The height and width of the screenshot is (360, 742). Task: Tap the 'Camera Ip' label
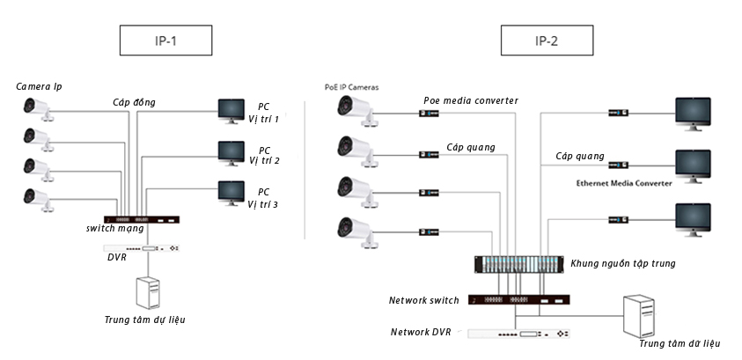(x=39, y=86)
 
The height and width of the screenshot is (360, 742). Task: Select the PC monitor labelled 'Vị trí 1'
(x=231, y=110)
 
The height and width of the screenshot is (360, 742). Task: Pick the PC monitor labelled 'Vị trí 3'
(x=231, y=192)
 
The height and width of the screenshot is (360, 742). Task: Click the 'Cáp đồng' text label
(x=134, y=102)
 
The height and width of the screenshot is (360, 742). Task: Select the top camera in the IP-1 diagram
(x=38, y=108)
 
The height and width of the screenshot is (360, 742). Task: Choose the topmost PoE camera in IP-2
(x=355, y=107)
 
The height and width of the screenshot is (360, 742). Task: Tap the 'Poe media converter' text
(x=470, y=100)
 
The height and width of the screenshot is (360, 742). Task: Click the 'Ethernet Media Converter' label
(x=623, y=183)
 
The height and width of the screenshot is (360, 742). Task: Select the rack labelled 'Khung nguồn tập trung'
(x=517, y=265)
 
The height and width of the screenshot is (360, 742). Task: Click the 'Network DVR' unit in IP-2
(x=519, y=334)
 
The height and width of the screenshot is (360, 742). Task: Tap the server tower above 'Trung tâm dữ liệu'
(x=641, y=315)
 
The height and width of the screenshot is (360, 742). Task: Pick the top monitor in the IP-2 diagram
(x=693, y=113)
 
